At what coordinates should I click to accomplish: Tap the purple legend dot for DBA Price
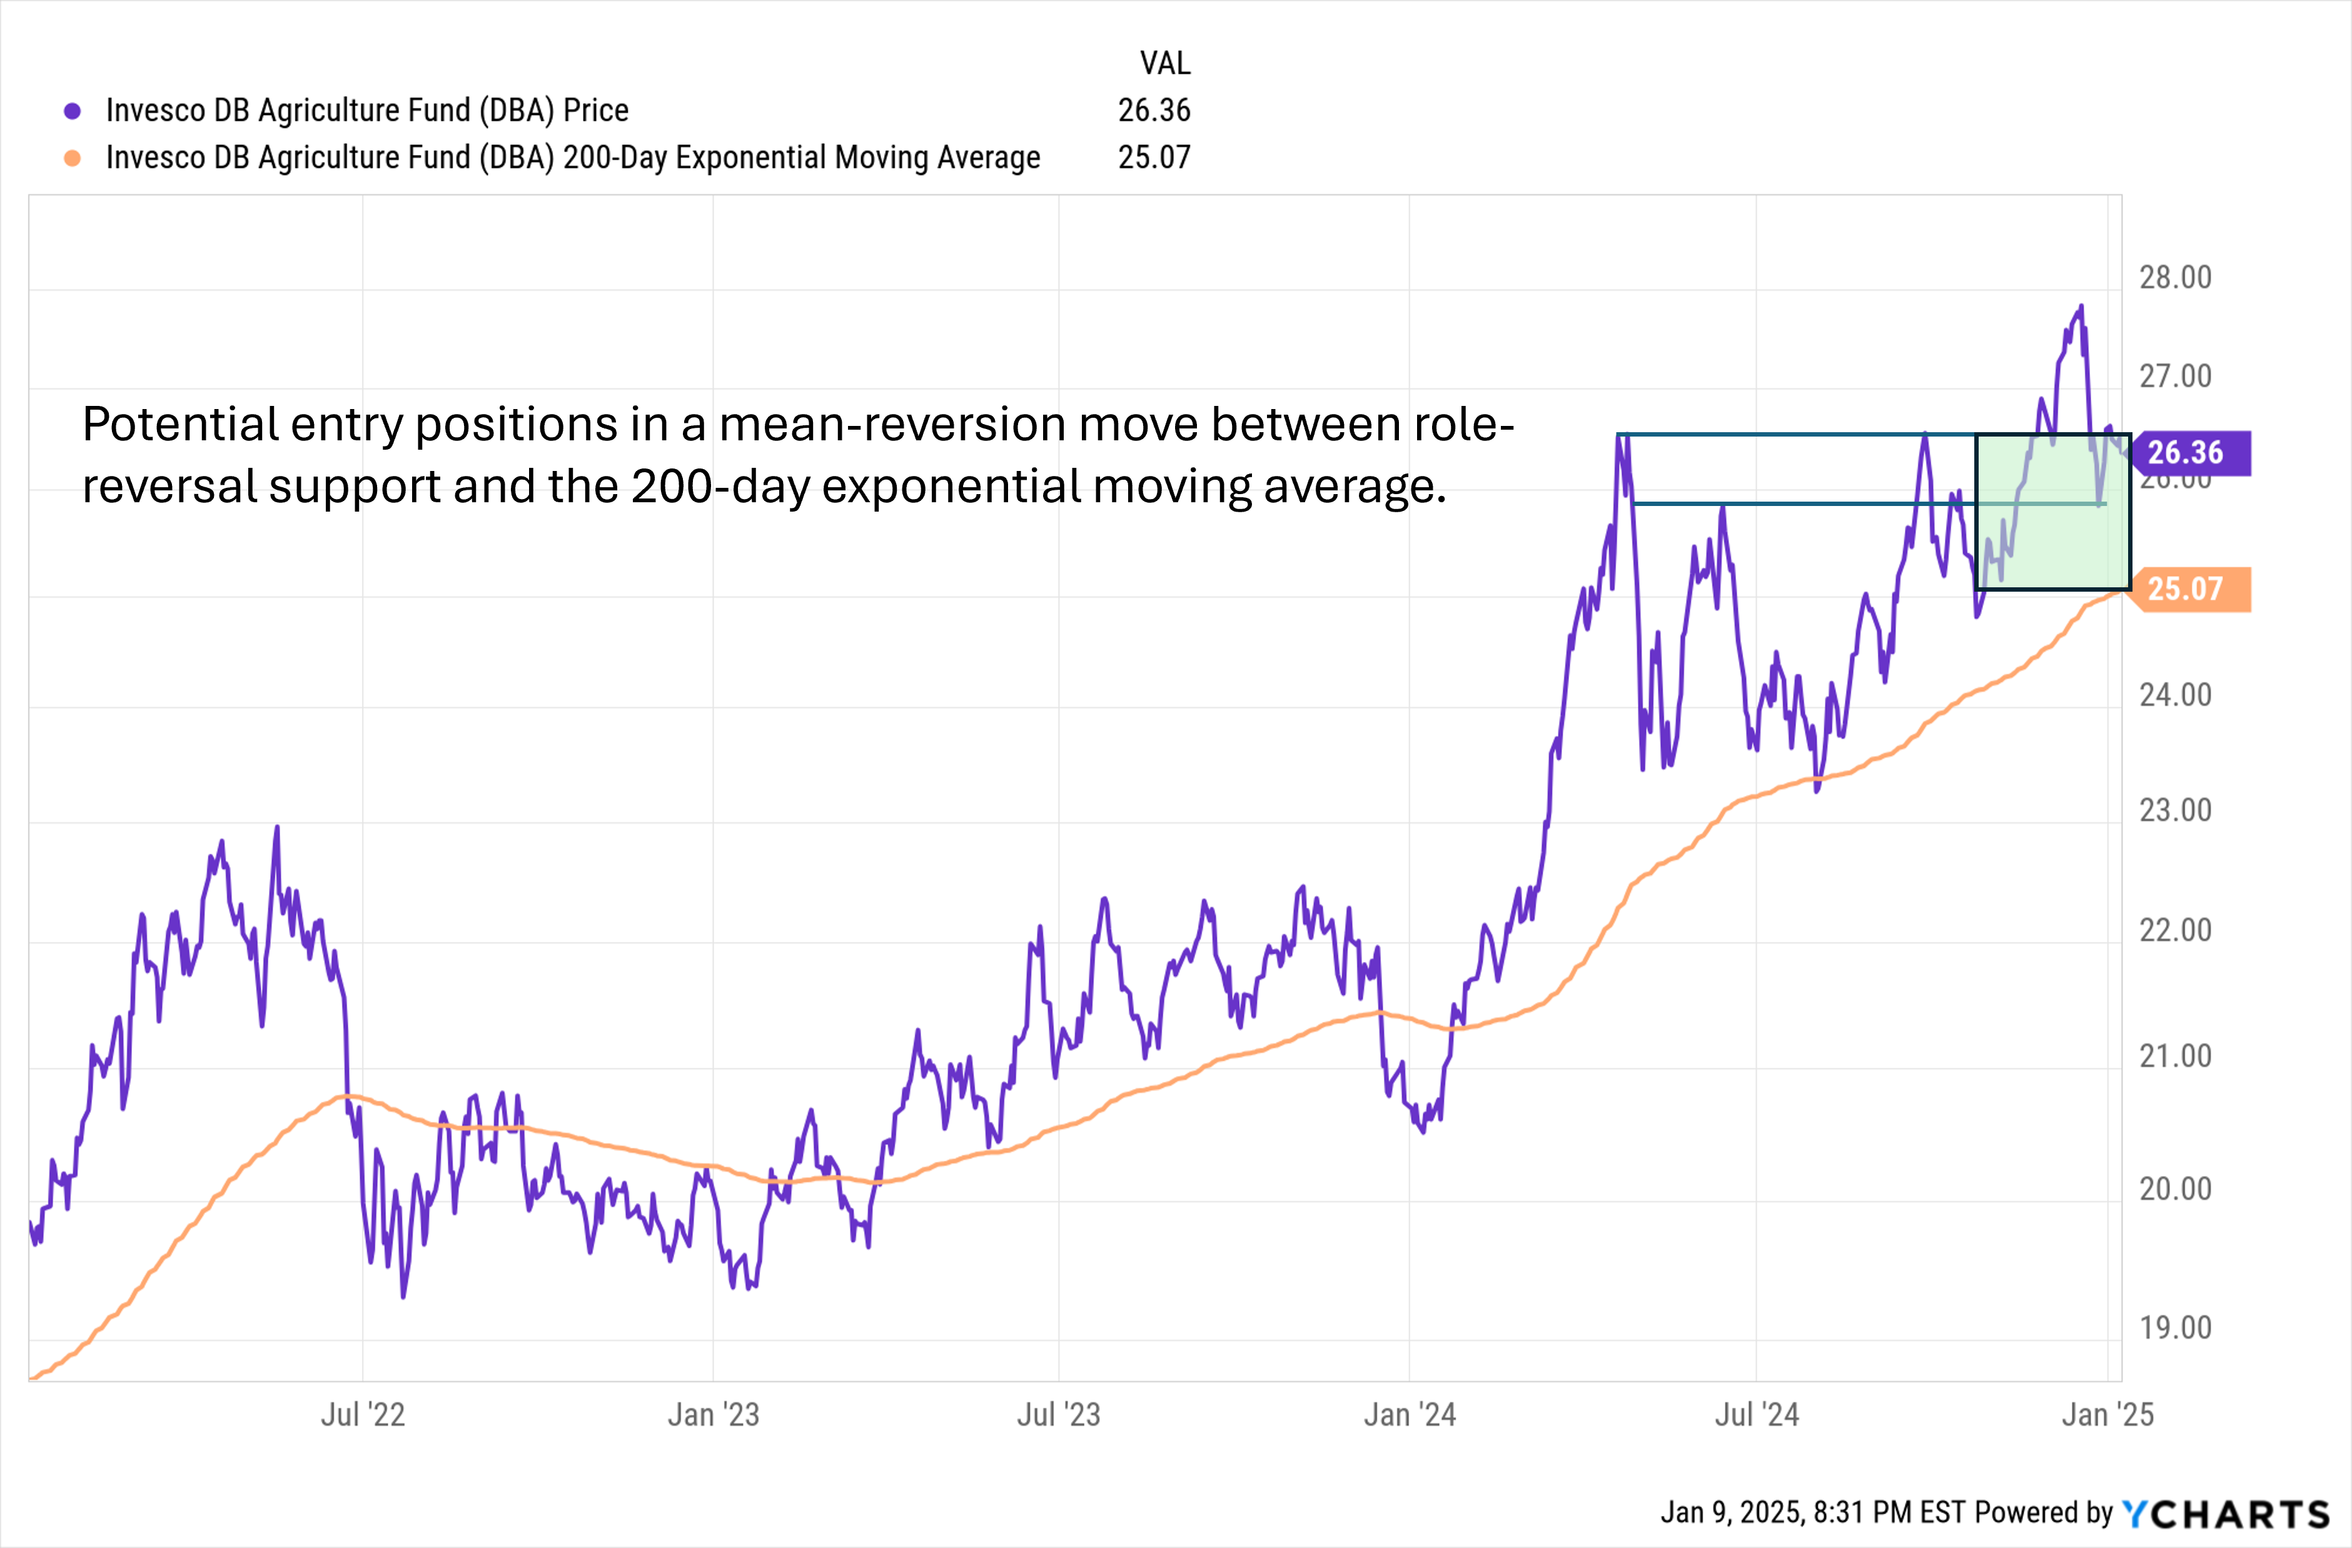point(72,111)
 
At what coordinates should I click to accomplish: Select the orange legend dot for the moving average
point(72,158)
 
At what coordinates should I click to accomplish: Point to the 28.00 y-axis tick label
point(2175,278)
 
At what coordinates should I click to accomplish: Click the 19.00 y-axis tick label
point(2175,1328)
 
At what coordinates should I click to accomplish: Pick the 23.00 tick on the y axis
point(2175,811)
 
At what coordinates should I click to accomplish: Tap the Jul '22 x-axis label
point(363,1415)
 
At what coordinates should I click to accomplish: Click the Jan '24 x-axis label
point(1409,1415)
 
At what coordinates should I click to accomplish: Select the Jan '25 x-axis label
point(2107,1415)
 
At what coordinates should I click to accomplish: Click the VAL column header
point(1165,63)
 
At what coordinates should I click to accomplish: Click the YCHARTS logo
point(2226,1514)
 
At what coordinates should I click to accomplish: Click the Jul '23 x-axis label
point(1058,1415)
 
